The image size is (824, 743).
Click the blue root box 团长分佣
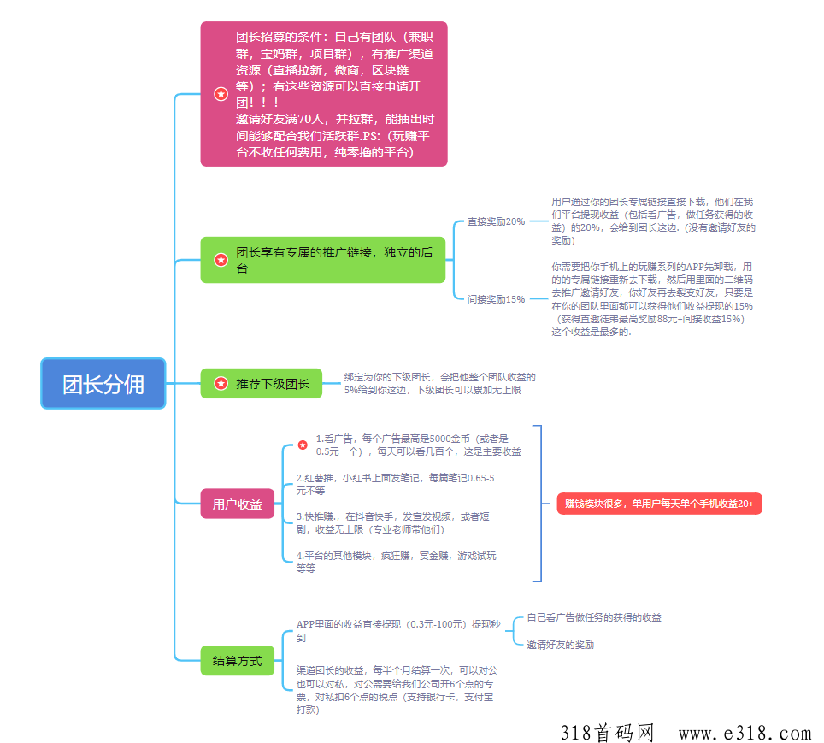click(x=103, y=383)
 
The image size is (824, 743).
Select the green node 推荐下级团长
click(x=262, y=383)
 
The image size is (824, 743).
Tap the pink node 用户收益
click(x=238, y=504)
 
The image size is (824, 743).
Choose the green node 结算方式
click(x=238, y=660)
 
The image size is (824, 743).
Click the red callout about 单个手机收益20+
click(x=659, y=504)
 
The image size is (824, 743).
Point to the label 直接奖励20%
click(x=496, y=221)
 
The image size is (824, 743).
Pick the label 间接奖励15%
click(x=496, y=299)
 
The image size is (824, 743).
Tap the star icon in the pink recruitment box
click(x=221, y=94)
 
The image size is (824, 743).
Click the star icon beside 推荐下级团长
click(x=221, y=383)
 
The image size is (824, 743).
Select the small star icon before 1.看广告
click(x=303, y=445)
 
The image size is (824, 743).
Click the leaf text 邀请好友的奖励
click(x=560, y=645)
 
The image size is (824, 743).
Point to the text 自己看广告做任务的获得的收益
click(x=594, y=617)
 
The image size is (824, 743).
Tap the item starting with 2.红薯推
click(x=395, y=484)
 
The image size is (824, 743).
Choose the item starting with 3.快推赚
click(x=392, y=522)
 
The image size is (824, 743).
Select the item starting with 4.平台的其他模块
click(x=397, y=562)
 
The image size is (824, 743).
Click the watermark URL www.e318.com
click(x=745, y=733)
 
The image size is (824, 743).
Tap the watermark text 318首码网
click(x=607, y=733)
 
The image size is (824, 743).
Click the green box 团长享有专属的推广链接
click(x=322, y=260)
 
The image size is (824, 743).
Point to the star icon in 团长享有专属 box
click(x=221, y=260)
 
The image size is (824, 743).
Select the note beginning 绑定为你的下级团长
click(x=440, y=383)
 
